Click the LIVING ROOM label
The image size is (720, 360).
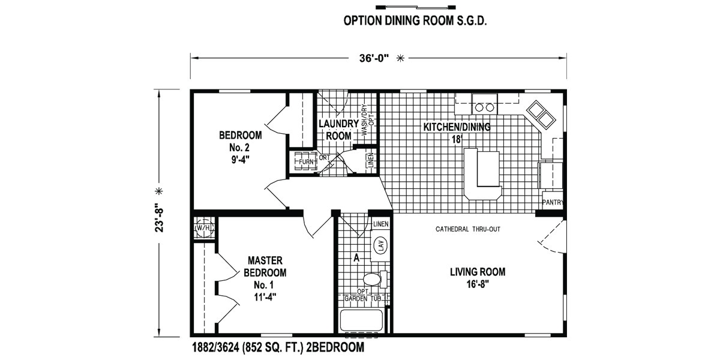[478, 272]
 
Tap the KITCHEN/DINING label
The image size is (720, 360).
[457, 127]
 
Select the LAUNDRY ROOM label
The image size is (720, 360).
[338, 130]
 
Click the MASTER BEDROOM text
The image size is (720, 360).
[265, 266]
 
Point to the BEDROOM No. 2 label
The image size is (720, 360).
[240, 141]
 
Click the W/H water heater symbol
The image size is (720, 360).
[204, 228]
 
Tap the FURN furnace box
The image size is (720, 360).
[305, 161]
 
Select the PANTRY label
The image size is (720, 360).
[553, 202]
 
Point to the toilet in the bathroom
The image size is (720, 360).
[375, 280]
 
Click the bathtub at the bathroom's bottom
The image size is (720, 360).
[361, 321]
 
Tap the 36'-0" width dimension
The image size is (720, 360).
[374, 59]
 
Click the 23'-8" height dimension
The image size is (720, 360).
[159, 217]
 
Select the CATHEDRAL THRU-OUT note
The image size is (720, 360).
[467, 229]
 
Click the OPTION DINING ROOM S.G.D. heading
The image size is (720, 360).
[415, 20]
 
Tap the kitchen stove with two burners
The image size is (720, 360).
[484, 104]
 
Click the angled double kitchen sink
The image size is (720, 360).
[541, 115]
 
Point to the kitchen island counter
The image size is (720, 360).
[482, 174]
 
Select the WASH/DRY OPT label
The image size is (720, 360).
[368, 119]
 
